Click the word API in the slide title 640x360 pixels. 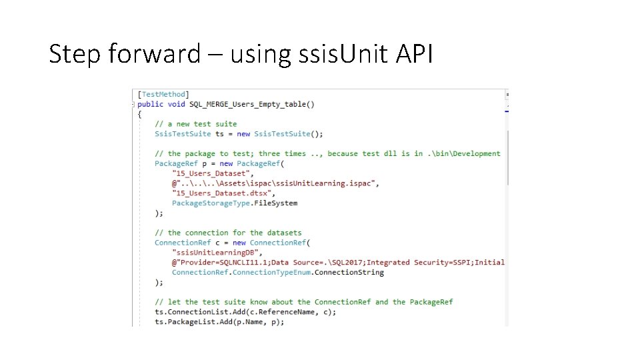414,53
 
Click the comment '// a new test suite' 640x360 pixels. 195,124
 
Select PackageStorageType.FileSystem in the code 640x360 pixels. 235,203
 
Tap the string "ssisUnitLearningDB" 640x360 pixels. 215,253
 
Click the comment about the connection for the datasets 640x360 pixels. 228,233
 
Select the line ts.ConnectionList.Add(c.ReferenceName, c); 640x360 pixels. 245,312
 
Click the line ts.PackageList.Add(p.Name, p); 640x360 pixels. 219,322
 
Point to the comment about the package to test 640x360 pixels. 327,153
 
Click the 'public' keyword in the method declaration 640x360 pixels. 150,104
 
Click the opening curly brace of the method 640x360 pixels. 139,114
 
